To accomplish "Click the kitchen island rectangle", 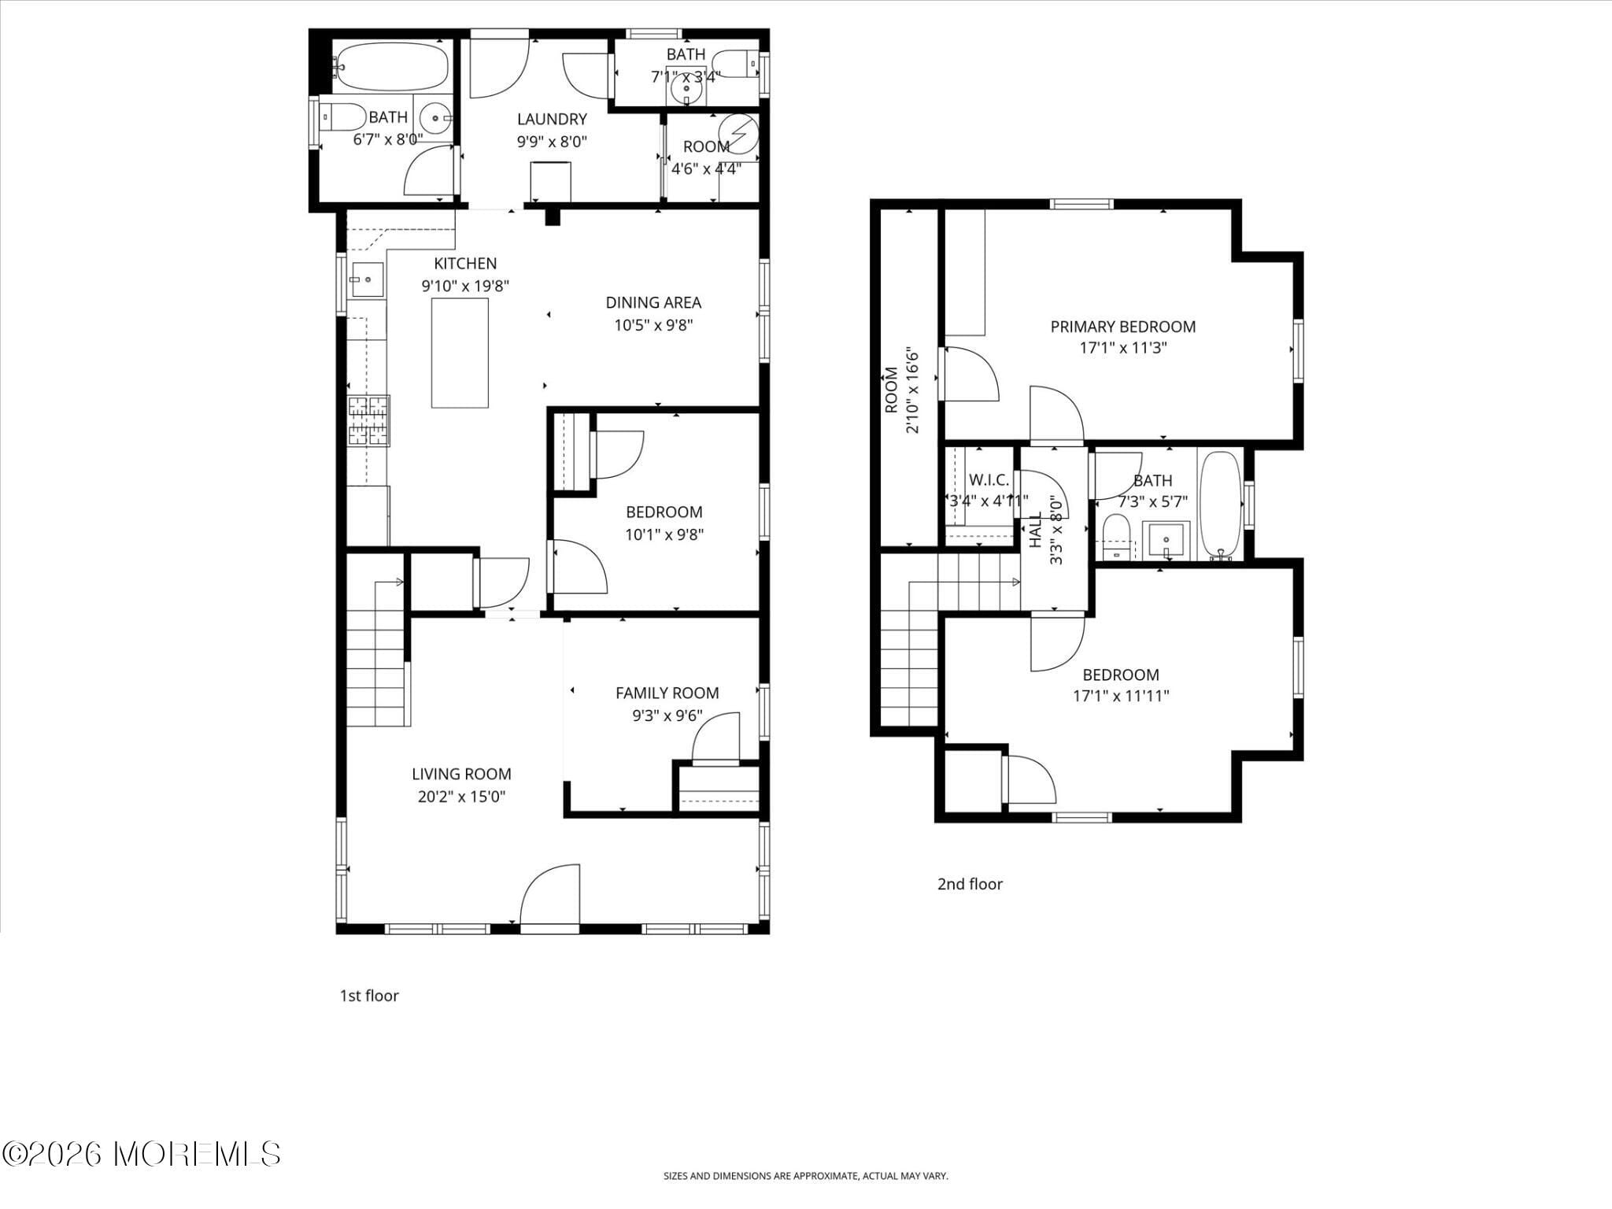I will [460, 353].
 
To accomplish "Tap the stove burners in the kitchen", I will [368, 420].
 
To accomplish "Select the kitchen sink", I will [367, 279].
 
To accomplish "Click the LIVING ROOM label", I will [461, 774].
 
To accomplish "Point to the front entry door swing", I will [550, 894].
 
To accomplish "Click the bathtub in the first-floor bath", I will [390, 67].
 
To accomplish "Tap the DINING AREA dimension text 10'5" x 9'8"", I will [653, 324].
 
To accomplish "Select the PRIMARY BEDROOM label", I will [1122, 327].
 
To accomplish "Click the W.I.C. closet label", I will [989, 480].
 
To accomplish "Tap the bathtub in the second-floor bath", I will [1220, 504].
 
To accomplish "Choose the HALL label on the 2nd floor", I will [1036, 529].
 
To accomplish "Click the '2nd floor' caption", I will [970, 884].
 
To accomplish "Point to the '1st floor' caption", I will [369, 996].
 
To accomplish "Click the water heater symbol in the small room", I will [740, 135].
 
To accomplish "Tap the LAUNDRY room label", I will [552, 119].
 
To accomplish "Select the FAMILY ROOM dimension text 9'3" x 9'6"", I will [667, 715].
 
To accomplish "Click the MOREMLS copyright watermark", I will [142, 1154].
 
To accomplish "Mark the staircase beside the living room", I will [376, 653].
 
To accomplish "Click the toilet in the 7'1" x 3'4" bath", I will [738, 64].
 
